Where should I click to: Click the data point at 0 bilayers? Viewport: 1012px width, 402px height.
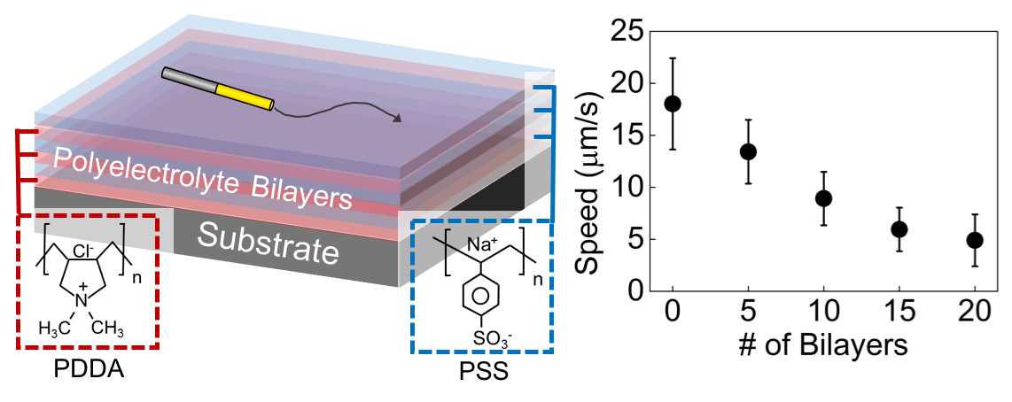click(x=673, y=104)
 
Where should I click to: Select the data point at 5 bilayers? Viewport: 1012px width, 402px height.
click(x=748, y=151)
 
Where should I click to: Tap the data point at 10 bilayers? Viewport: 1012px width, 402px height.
click(x=823, y=198)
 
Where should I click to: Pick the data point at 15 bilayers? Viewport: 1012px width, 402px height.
click(x=899, y=229)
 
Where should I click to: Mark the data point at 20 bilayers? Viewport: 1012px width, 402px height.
click(x=974, y=240)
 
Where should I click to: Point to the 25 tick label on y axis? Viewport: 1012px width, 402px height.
click(x=628, y=32)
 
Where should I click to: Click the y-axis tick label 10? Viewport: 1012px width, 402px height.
click(x=628, y=187)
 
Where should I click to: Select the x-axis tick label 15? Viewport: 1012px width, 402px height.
click(x=899, y=313)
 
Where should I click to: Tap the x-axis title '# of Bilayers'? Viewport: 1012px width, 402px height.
click(x=823, y=345)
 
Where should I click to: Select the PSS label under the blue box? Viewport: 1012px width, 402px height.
click(x=481, y=374)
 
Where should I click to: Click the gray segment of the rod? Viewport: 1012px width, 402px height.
click(x=189, y=80)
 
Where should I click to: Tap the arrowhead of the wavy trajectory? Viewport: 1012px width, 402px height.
click(x=398, y=118)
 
